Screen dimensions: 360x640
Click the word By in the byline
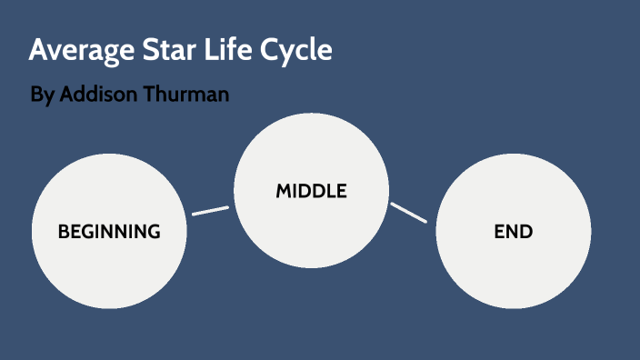[x=42, y=95]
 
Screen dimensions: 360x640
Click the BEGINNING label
[x=109, y=232]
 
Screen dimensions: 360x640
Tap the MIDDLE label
[x=312, y=191]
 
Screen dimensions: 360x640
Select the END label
[x=514, y=232]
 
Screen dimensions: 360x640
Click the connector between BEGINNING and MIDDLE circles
[x=210, y=211]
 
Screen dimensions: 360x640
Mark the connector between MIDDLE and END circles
[x=409, y=213]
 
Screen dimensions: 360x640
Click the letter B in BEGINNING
[x=64, y=232]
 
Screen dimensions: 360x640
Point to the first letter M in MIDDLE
[x=283, y=191]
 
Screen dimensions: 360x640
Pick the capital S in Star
[x=143, y=51]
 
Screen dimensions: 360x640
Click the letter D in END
[x=527, y=232]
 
